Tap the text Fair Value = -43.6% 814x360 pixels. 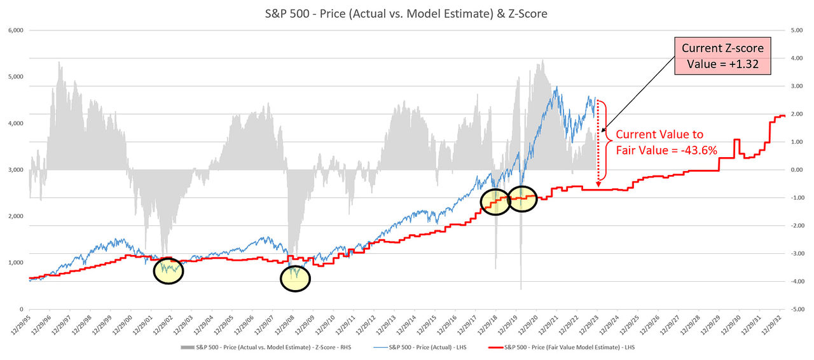pos(661,150)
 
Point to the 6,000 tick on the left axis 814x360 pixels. pos(15,31)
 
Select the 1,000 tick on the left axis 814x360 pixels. pos(15,263)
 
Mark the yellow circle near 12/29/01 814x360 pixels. pos(169,270)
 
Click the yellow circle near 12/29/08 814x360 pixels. pos(295,278)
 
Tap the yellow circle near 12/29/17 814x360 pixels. pos(495,202)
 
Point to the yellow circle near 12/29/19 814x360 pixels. pos(522,199)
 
